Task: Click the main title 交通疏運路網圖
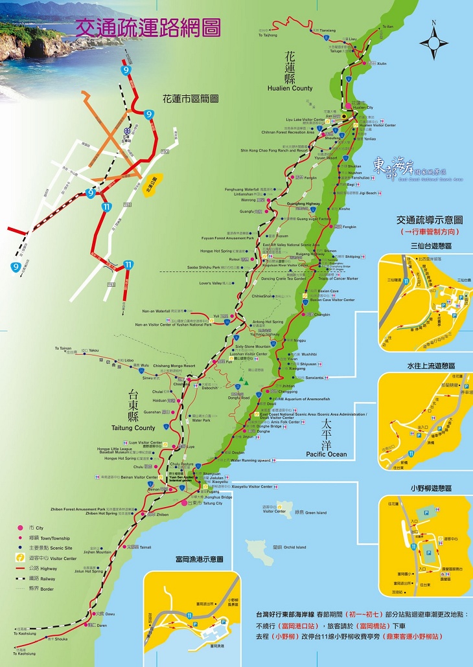[x=148, y=28]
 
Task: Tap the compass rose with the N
[x=434, y=43]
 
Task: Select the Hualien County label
[x=289, y=88]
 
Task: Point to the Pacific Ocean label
[x=327, y=454]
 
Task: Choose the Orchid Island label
[x=294, y=547]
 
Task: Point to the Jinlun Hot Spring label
[x=87, y=572]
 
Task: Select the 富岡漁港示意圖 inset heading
[x=194, y=558]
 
